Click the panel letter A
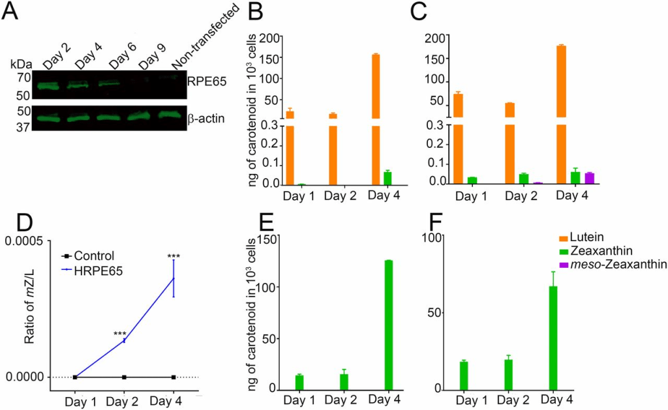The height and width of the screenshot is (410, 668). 12,12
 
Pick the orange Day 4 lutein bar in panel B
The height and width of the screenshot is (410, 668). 376,117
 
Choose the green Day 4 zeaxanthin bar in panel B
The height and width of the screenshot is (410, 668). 387,178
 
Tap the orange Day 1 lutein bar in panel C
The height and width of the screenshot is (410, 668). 458,137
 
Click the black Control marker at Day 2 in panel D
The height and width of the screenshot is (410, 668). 124,377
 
